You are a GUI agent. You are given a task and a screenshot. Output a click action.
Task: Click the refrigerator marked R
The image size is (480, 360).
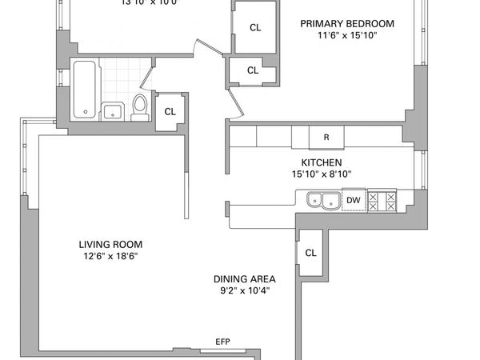326,138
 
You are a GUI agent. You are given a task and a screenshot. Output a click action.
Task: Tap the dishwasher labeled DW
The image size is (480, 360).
352,200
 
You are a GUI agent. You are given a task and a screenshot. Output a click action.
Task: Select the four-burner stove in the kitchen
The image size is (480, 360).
381,200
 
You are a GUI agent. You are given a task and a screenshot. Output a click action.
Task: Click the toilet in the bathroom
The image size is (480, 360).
139,106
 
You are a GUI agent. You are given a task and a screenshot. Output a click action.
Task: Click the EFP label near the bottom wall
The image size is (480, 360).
223,342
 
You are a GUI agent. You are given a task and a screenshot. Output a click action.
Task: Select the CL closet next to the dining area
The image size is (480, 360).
311,253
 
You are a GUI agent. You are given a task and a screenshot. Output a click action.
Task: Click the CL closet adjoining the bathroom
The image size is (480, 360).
170,111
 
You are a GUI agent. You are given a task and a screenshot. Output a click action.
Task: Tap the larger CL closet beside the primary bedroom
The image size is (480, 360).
254,28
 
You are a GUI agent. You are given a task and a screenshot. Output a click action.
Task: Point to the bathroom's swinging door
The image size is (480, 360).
148,77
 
